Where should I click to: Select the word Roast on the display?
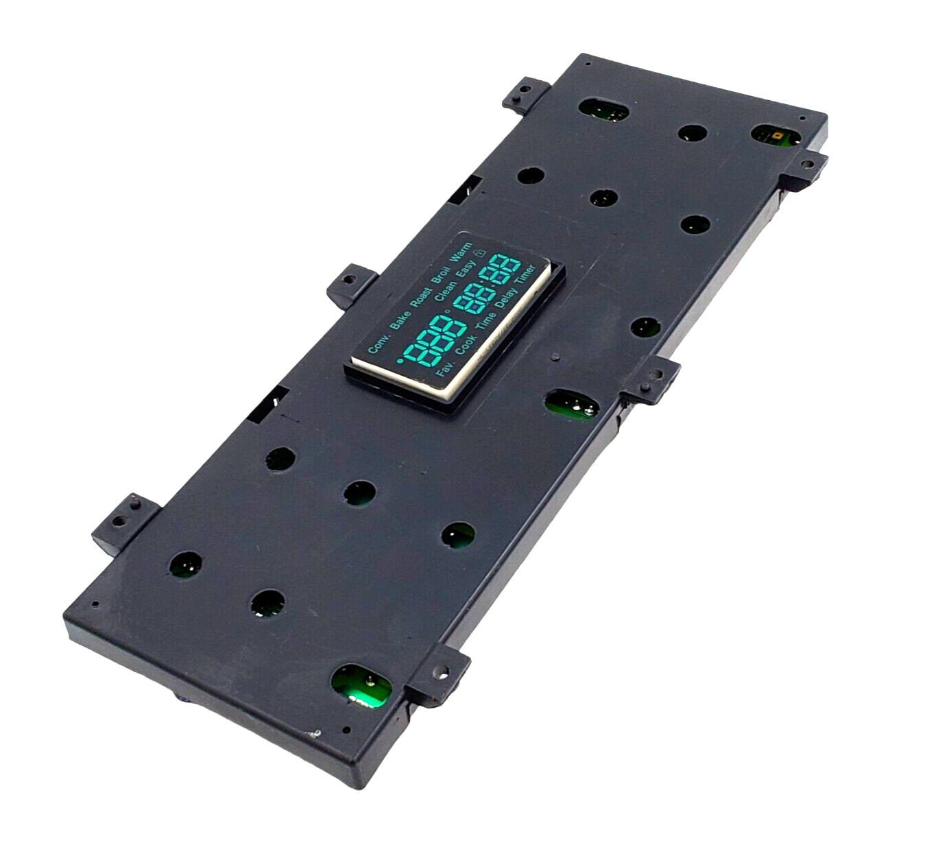[421, 297]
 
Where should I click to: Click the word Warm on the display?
[461, 252]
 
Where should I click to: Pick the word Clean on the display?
[446, 291]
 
